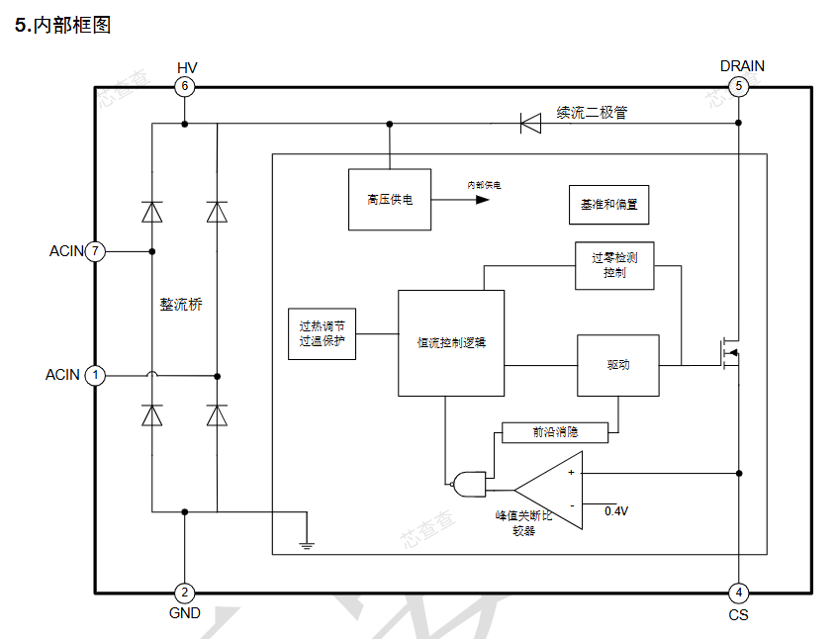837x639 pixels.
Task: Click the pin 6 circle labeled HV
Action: point(184,86)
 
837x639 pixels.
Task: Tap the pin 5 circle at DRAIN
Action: point(738,86)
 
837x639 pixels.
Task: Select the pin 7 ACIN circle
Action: point(95,251)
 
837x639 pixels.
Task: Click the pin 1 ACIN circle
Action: point(95,375)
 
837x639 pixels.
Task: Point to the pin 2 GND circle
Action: point(184,593)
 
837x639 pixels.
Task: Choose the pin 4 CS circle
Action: point(738,593)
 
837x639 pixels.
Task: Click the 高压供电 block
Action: point(389,199)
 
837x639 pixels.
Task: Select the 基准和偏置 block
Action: point(608,204)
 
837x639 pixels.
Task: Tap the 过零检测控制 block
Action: point(613,265)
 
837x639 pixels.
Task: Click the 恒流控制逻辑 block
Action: point(451,342)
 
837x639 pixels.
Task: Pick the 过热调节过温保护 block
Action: point(323,332)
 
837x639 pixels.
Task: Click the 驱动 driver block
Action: point(617,365)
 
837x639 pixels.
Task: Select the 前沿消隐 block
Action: point(554,432)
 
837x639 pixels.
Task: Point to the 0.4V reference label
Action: point(615,511)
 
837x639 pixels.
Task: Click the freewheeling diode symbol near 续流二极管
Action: point(530,124)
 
